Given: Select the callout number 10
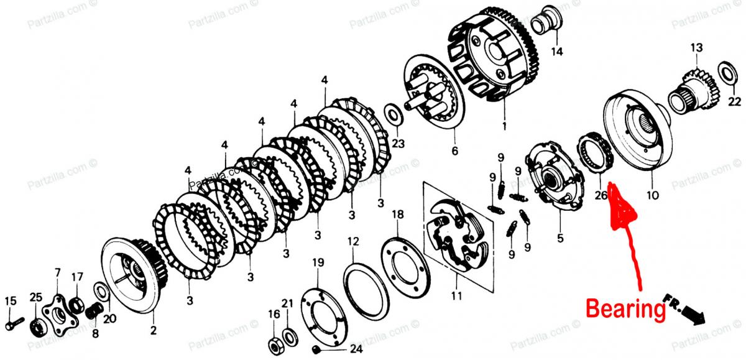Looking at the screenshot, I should coord(652,194).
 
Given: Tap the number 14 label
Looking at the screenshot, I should coord(557,51).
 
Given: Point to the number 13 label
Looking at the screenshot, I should coord(696,48).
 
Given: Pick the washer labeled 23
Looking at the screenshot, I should coord(393,115).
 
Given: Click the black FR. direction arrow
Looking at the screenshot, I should coord(692,316).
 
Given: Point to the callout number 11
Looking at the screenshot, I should coord(457,296).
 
